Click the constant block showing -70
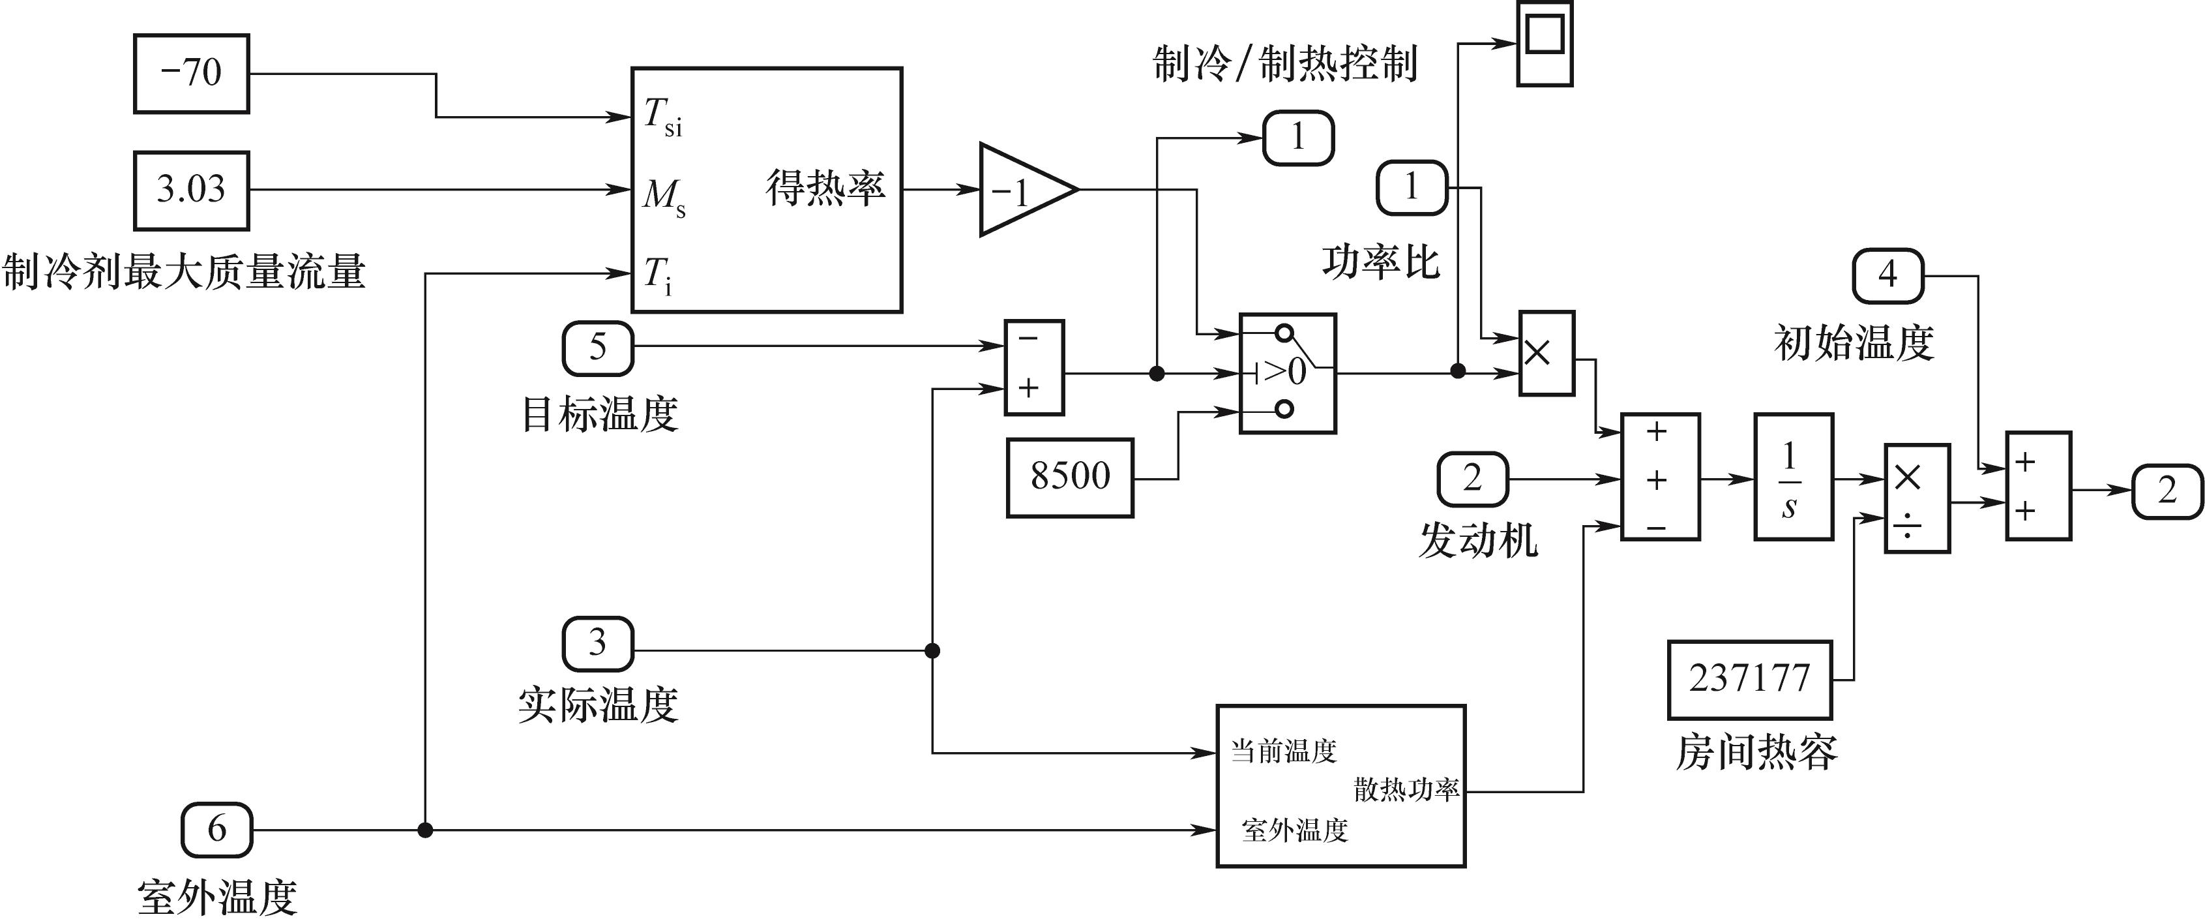[x=191, y=74]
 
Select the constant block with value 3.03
[x=191, y=190]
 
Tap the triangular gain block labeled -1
[x=1022, y=190]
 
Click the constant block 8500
[x=1069, y=477]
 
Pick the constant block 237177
[x=1750, y=680]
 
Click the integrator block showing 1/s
[x=1794, y=477]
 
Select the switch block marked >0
[x=1286, y=373]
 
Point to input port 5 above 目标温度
[x=597, y=348]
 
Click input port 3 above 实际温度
[x=597, y=644]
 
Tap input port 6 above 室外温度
[x=216, y=830]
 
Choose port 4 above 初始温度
[x=1887, y=276]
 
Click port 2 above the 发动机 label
[x=1472, y=479]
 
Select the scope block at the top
[x=1544, y=43]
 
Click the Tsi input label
[x=662, y=117]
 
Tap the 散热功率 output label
[x=1406, y=789]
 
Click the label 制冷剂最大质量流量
[x=183, y=272]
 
